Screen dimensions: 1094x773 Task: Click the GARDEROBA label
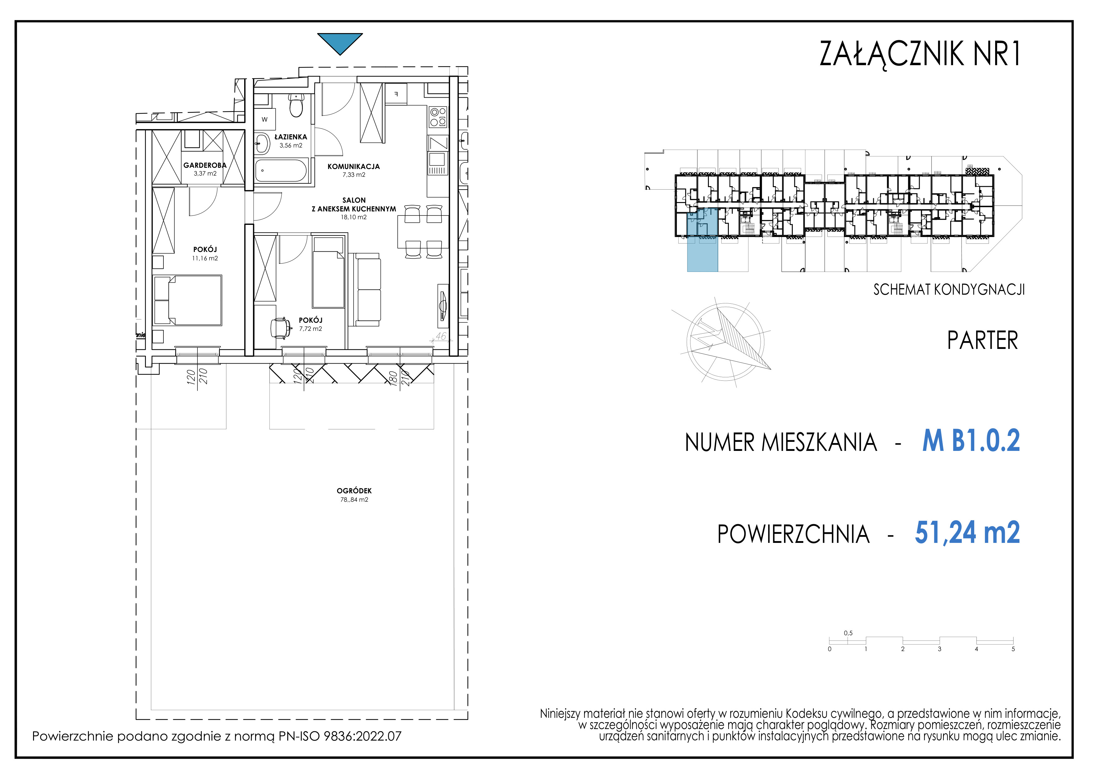pos(205,165)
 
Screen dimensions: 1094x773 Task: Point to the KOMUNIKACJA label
pos(354,166)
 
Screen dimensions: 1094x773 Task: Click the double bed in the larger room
pos(187,300)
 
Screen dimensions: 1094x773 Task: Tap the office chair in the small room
pos(281,328)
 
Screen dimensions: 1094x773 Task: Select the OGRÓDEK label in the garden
pos(354,490)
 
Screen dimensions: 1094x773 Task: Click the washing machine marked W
pos(264,119)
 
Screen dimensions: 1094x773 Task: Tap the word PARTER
pos(982,341)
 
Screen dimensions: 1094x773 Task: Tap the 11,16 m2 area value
pos(205,258)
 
